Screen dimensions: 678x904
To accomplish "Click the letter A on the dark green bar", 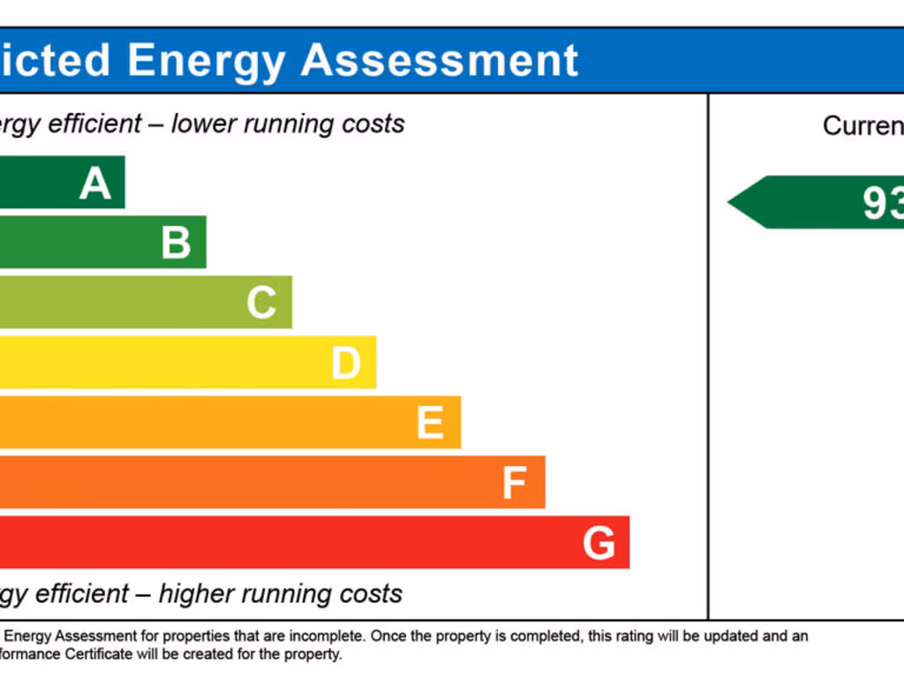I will click(95, 184).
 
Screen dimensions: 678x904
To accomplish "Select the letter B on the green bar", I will click(176, 243).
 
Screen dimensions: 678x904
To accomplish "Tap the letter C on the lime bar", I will click(261, 303).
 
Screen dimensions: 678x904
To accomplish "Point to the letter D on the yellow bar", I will click(346, 363).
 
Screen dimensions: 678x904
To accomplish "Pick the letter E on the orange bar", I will click(430, 423).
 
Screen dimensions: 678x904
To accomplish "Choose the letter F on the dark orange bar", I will click(514, 483).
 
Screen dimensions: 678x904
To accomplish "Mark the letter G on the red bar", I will click(599, 543).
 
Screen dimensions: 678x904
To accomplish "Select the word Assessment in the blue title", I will click(440, 60).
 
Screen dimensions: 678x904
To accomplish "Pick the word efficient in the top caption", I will click(94, 124).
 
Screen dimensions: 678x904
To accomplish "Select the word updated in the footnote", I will click(718, 636).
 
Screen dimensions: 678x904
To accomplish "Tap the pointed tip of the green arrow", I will click(730, 202).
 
